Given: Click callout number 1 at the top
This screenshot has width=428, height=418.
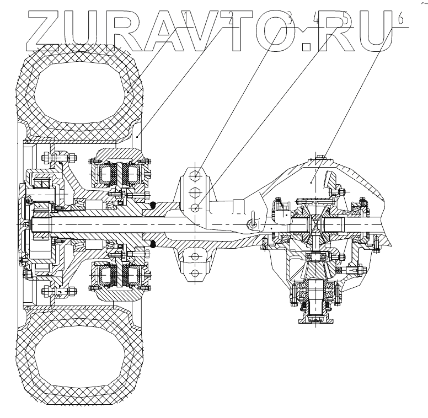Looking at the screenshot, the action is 188,19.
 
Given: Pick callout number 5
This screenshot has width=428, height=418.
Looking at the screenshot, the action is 345,19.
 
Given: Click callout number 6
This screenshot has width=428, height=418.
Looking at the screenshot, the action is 400,19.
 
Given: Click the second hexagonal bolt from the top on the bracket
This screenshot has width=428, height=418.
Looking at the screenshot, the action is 194,192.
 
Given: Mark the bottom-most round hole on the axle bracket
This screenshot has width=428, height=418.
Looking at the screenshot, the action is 194,274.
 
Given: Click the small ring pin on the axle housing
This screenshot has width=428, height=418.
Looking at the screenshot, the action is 253,224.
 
